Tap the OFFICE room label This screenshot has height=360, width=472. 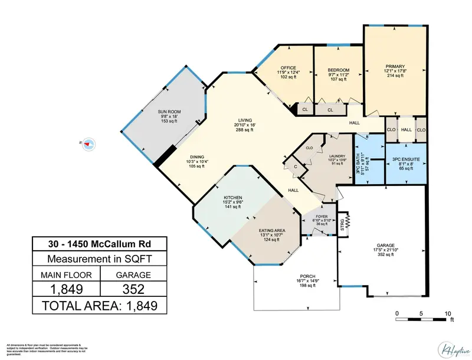tap(289, 68)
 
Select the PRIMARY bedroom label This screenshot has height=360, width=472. tap(394, 67)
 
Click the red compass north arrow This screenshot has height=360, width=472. tap(88, 143)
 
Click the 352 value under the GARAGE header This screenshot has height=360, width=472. tap(133, 289)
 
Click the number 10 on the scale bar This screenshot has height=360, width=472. tap(447, 313)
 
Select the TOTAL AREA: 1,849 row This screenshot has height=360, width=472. tap(99, 305)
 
